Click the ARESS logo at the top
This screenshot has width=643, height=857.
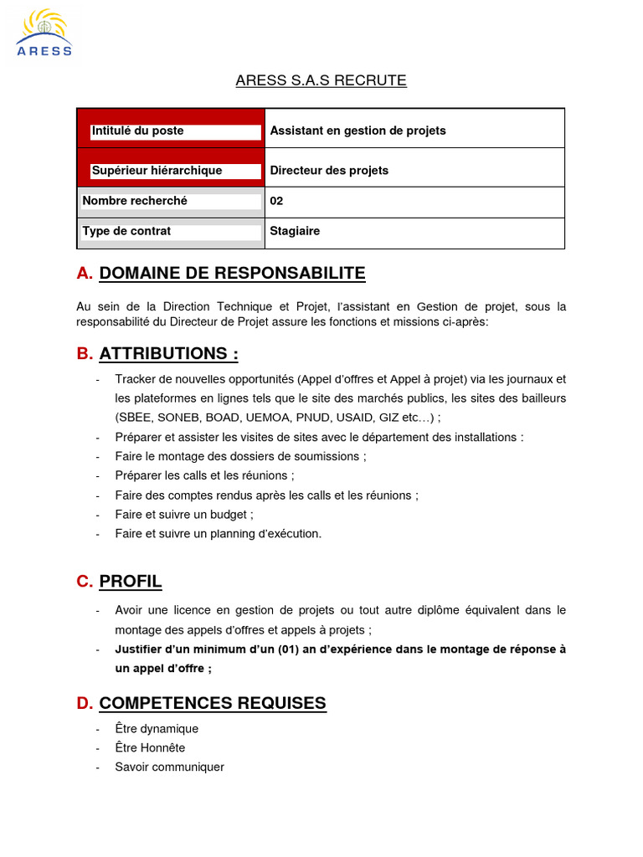tap(44, 33)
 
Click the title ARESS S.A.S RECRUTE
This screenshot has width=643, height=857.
tap(321, 81)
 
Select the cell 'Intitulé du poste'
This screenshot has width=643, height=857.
tap(138, 131)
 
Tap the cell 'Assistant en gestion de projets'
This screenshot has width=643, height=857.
tap(358, 131)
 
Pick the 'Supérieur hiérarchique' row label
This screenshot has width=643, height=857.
tap(157, 171)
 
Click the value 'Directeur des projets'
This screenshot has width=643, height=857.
tap(329, 171)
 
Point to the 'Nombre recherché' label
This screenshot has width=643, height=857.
tap(135, 201)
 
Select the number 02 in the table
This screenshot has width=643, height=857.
tap(276, 202)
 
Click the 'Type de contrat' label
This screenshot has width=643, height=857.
tap(126, 231)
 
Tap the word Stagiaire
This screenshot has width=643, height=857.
tap(295, 231)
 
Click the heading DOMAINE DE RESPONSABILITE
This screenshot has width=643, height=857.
tap(232, 274)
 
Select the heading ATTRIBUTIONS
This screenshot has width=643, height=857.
tap(168, 354)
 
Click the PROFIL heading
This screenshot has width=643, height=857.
tap(131, 582)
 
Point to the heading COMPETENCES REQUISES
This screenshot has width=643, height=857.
tap(213, 703)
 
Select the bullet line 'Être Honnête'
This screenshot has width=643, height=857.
tap(150, 748)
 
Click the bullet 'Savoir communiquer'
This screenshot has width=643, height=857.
tap(169, 767)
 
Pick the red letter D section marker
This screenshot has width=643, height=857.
tap(84, 704)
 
